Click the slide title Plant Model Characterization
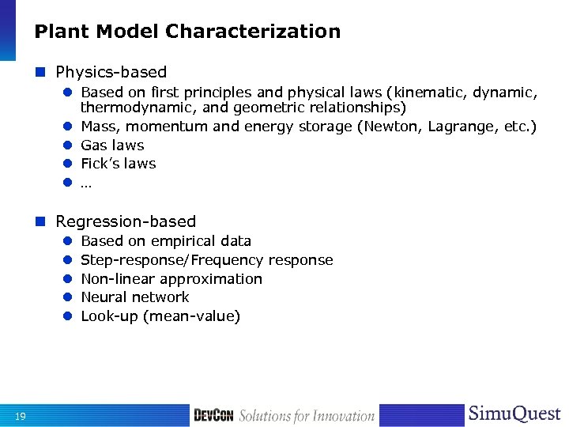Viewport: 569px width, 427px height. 187,32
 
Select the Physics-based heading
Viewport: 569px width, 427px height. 111,72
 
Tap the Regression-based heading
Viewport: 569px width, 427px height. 126,221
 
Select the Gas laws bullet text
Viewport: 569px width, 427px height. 112,145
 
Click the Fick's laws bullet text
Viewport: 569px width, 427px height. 119,164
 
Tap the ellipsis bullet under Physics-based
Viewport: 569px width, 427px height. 86,183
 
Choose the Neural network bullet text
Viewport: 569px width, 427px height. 135,297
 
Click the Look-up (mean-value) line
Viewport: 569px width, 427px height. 160,316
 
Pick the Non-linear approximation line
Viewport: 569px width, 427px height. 171,279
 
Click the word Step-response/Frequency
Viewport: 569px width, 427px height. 173,260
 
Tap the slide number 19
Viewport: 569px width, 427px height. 21,417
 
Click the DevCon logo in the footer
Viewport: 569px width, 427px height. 213,416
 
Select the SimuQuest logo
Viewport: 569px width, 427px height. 514,414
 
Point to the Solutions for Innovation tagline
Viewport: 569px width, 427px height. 307,416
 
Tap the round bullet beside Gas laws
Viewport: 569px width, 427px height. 68,145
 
